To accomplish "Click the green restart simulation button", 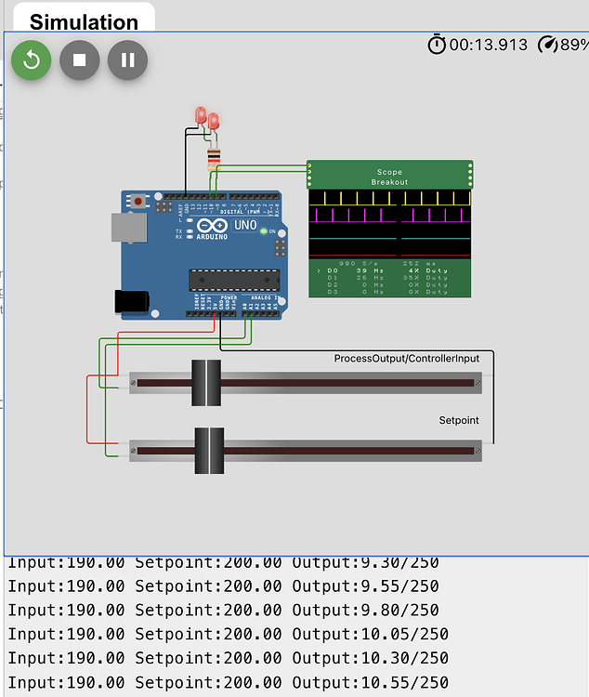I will (x=32, y=60).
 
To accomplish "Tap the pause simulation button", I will (x=128, y=60).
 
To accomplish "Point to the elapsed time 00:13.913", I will (x=489, y=45).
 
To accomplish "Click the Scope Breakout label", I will (x=389, y=177).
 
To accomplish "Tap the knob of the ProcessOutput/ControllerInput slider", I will (x=206, y=382).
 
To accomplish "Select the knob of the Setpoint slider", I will (x=209, y=451).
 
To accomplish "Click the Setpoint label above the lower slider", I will (x=459, y=421).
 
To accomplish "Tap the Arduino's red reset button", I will (x=139, y=201).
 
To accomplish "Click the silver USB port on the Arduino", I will (x=128, y=228).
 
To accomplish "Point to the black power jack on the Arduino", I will (x=129, y=300).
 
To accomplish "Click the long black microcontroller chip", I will (x=234, y=280).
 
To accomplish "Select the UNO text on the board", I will (x=245, y=226).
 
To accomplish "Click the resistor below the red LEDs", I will (x=215, y=157).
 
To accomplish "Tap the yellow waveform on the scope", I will (x=389, y=198).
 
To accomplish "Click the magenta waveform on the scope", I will (x=389, y=216).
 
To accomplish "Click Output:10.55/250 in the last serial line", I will (x=370, y=683).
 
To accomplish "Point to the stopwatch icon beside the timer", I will (x=437, y=45).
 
